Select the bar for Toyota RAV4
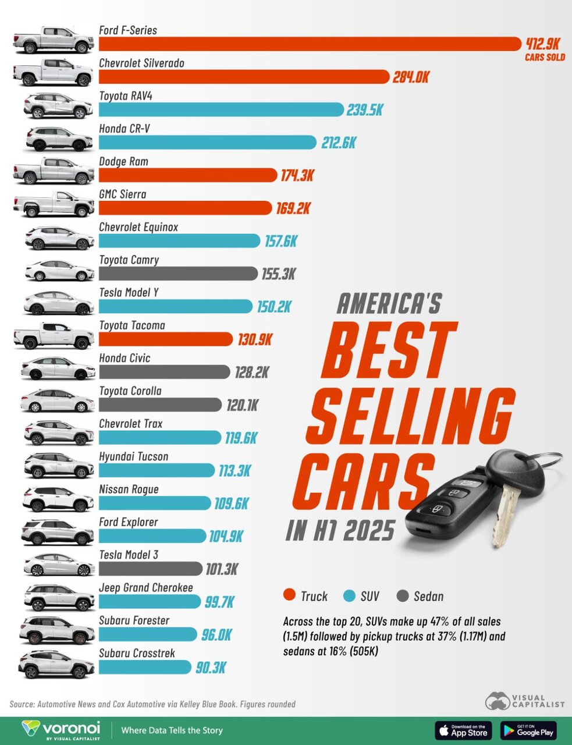pyautogui.click(x=221, y=109)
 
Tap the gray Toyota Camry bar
pyautogui.click(x=178, y=274)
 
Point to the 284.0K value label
pyautogui.click(x=411, y=77)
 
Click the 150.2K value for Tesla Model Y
pyautogui.click(x=273, y=307)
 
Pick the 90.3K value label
pyautogui.click(x=211, y=668)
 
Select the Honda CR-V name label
pyautogui.click(x=125, y=128)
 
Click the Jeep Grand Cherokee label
pyautogui.click(x=146, y=587)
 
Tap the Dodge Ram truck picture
pyautogui.click(x=54, y=171)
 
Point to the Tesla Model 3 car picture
pyautogui.click(x=59, y=565)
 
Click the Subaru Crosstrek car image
pyautogui.click(x=56, y=664)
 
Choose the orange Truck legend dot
pyautogui.click(x=289, y=595)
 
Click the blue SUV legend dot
pyautogui.click(x=349, y=595)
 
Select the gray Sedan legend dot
pyautogui.click(x=402, y=595)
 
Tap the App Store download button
pyautogui.click(x=463, y=730)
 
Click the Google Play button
pyautogui.click(x=528, y=730)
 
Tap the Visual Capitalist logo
pyautogui.click(x=525, y=701)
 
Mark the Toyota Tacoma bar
pyautogui.click(x=166, y=339)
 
